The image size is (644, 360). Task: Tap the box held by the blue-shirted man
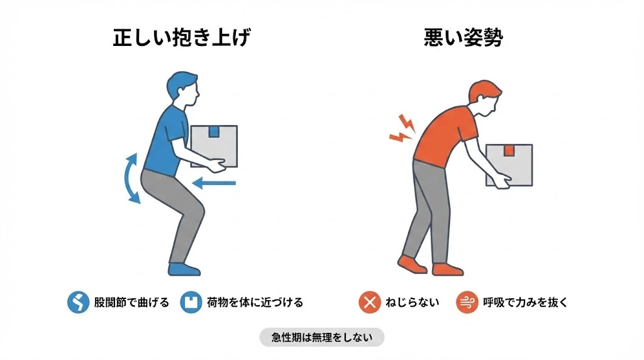[x=214, y=146]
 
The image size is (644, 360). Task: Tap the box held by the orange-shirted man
[x=509, y=165]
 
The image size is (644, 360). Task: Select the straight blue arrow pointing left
[x=214, y=184]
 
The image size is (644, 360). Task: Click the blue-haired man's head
[x=182, y=89]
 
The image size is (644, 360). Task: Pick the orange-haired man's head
[x=484, y=96]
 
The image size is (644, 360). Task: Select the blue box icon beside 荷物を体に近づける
[x=189, y=303]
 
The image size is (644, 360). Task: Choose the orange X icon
[x=369, y=303]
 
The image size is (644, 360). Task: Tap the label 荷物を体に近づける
[x=255, y=303]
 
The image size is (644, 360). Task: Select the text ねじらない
[x=412, y=303]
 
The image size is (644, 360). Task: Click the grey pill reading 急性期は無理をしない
[x=321, y=337]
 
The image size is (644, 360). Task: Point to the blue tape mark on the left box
[x=214, y=132]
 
